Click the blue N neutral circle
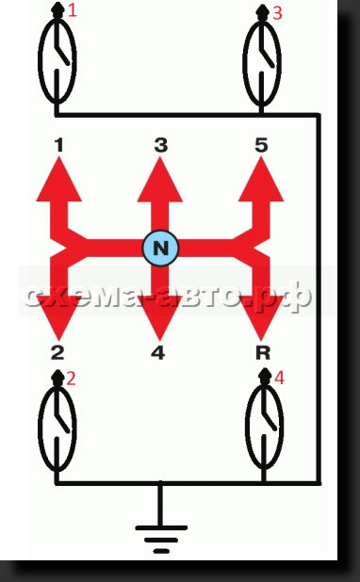[x=160, y=248]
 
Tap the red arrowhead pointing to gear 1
[x=58, y=180]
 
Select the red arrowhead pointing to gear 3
[x=160, y=180]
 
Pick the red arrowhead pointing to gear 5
[x=261, y=180]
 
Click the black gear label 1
[x=59, y=145]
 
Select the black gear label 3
[x=160, y=145]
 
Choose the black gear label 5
[x=261, y=145]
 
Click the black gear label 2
[x=57, y=352]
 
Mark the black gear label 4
[x=158, y=352]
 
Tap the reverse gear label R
[x=263, y=352]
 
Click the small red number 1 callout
[x=73, y=10]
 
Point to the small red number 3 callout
[x=277, y=13]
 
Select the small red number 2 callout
[x=71, y=379]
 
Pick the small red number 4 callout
[x=279, y=378]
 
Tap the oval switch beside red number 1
[x=39, y=59]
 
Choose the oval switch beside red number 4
[x=246, y=427]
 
